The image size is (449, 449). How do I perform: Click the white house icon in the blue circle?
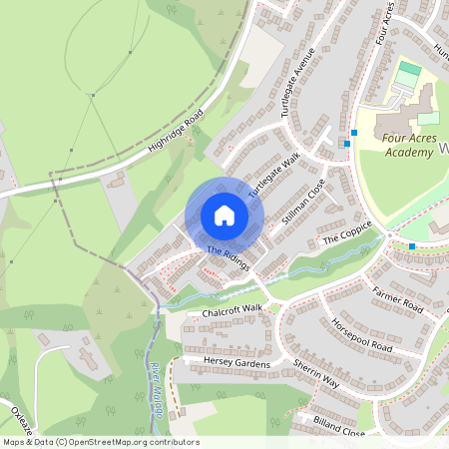pos(224,216)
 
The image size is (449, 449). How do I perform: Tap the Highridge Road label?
pos(176,132)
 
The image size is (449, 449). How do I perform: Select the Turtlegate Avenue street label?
pos(297,82)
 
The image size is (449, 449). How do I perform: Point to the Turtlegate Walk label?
pos(274,174)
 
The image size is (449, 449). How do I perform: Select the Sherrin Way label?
pos(316,375)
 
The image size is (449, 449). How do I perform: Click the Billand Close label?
pos(340,427)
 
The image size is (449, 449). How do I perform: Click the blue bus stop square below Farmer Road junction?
pos(412,245)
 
